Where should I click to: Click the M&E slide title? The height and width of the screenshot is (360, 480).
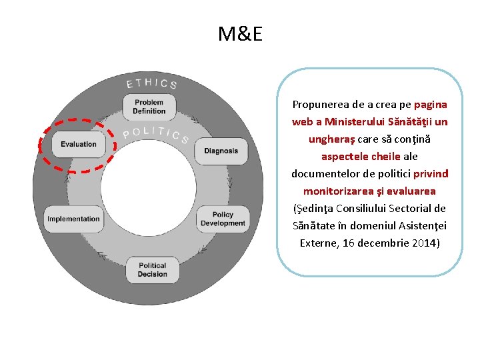240,33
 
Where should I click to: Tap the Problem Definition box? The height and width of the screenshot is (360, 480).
149,107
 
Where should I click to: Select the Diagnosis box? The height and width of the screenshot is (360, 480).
221,151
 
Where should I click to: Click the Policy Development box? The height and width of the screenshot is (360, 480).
223,219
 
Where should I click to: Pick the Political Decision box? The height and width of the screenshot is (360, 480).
153,269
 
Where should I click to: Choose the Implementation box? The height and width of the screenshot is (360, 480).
74,219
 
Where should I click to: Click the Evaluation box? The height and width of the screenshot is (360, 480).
79,144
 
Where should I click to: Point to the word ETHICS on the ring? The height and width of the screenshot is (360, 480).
152,83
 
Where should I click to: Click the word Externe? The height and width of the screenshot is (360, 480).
319,243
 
